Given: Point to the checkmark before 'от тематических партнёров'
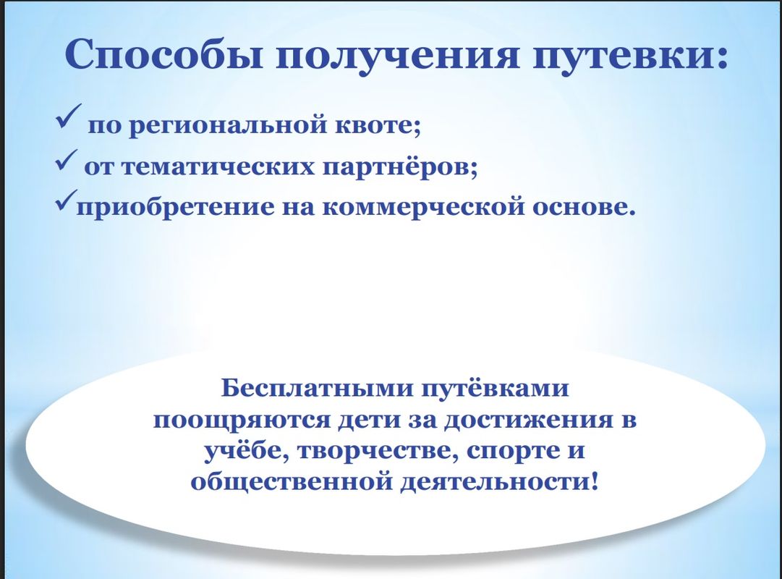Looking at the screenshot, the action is tap(66, 160).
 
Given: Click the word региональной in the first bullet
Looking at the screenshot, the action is tap(224, 126).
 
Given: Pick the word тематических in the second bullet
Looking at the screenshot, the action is tap(218, 167).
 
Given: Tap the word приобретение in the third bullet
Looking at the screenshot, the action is tap(175, 208).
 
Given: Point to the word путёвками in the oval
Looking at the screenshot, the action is tap(495, 389).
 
